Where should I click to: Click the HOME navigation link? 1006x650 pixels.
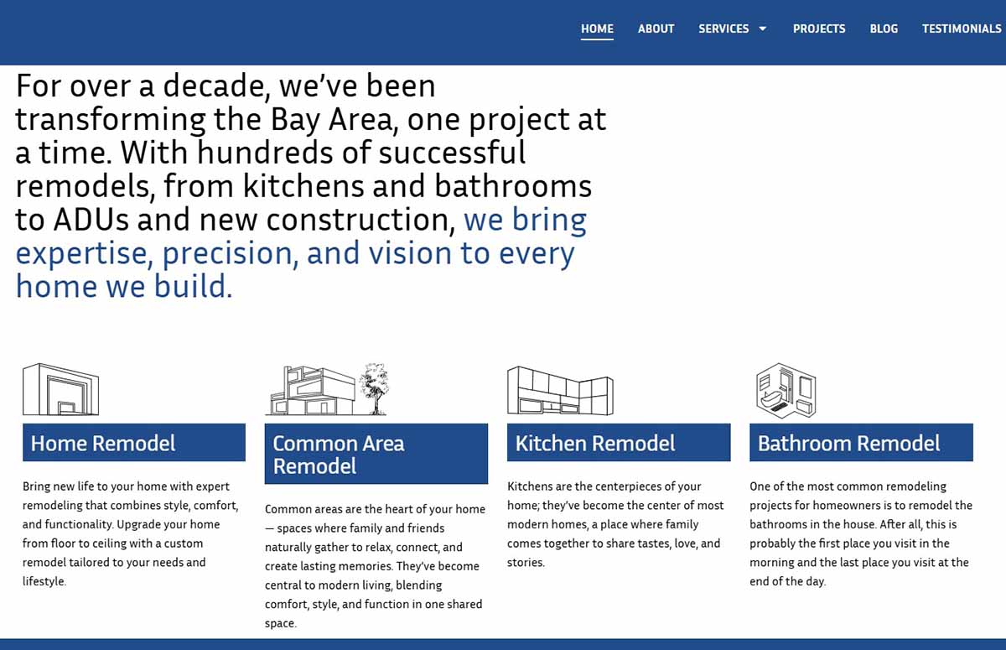597,29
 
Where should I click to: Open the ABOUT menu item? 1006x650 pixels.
656,29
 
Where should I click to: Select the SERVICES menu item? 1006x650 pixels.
723,29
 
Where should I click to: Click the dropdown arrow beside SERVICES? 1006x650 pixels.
763,29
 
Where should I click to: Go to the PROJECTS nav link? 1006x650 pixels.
819,29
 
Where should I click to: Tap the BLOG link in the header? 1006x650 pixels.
884,29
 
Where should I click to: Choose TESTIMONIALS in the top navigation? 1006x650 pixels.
962,29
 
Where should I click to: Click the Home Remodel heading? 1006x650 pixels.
103,444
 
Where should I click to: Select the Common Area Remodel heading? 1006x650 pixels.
339,455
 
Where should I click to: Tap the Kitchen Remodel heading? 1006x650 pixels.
594,444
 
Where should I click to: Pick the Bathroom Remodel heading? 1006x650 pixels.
848,444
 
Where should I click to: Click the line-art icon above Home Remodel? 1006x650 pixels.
60,389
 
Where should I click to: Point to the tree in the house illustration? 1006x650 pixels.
375,388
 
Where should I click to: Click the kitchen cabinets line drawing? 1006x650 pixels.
560,390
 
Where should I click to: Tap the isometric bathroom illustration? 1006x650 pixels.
786,390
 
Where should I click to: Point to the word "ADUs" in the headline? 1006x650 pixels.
91,220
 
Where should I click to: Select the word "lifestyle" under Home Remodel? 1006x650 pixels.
44,581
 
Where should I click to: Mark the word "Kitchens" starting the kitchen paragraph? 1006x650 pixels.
530,486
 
